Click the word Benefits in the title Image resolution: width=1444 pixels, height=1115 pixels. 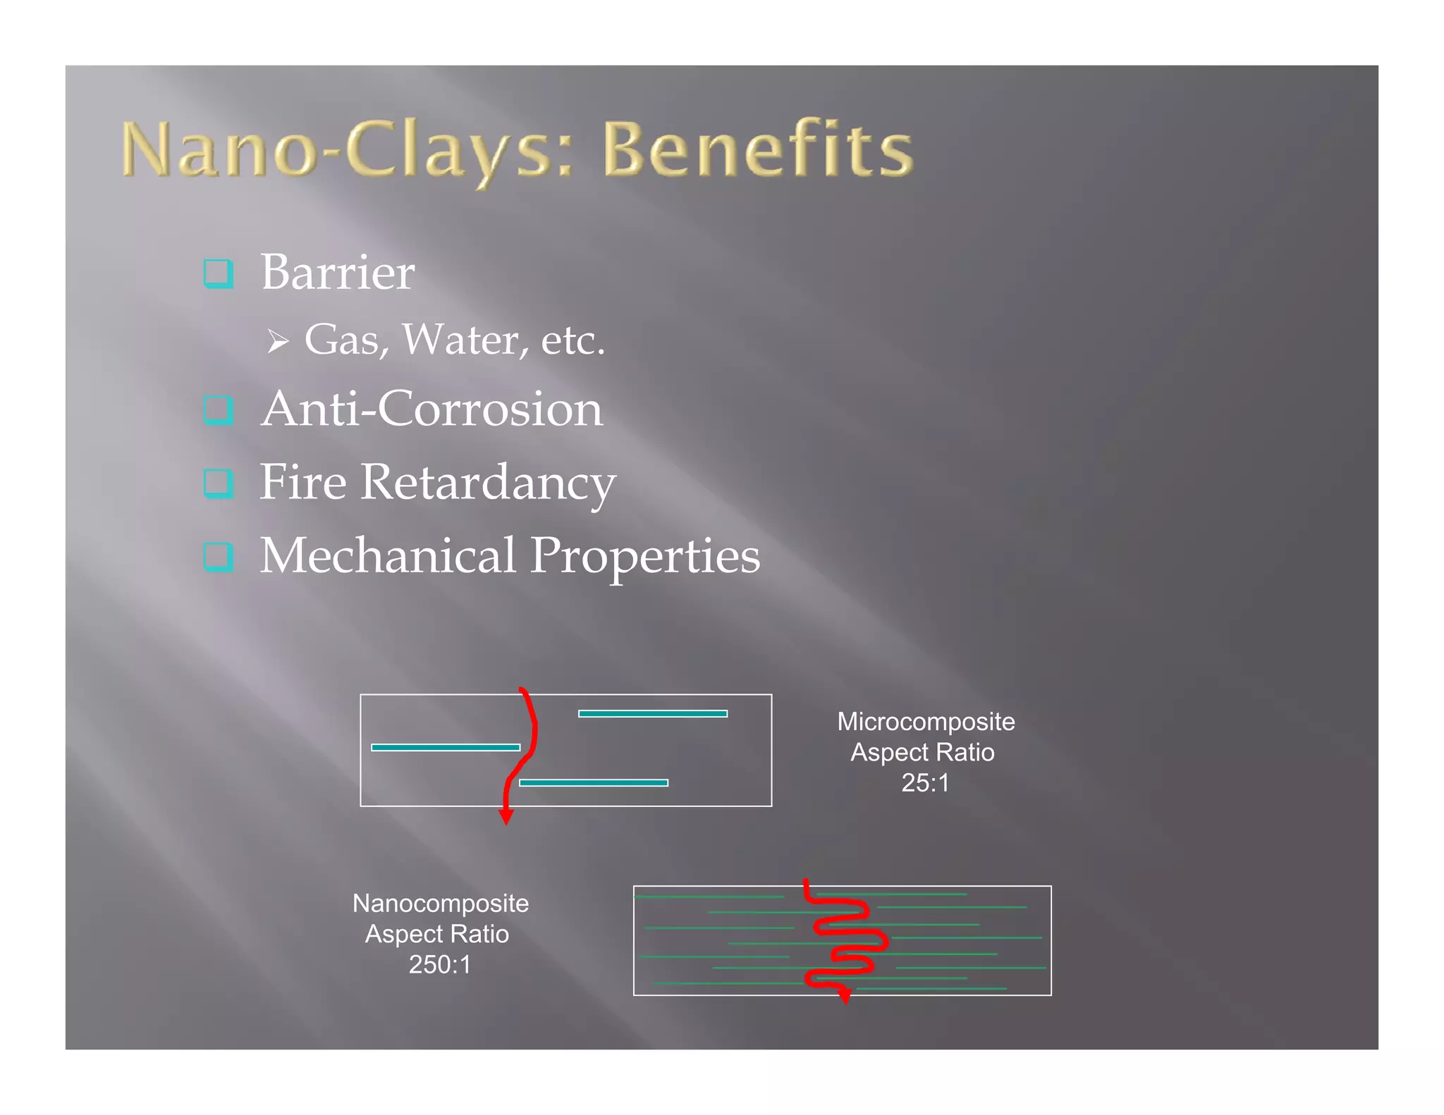point(758,149)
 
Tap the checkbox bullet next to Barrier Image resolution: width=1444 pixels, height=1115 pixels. point(218,273)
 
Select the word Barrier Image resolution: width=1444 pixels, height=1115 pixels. point(338,273)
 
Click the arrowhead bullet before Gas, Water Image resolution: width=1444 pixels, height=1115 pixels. point(278,343)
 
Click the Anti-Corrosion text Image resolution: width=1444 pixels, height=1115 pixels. point(432,409)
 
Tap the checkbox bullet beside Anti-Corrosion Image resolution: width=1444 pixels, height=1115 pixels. point(218,409)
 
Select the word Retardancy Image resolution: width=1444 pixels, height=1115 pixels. point(488,483)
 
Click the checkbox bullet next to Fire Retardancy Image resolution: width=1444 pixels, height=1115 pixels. point(218,483)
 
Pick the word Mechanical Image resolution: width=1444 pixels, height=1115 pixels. point(388,556)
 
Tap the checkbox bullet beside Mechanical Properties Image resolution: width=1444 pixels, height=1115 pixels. point(218,557)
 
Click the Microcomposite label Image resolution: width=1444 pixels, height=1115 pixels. point(925,722)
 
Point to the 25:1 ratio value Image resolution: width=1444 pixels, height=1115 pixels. point(925,783)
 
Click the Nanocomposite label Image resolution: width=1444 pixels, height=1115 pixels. point(440,904)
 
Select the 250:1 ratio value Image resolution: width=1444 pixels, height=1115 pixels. point(440,964)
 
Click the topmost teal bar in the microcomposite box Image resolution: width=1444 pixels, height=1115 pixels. point(652,714)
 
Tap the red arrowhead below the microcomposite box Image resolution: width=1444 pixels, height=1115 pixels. point(506,817)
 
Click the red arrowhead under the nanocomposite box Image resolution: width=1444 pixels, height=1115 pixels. point(845,996)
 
